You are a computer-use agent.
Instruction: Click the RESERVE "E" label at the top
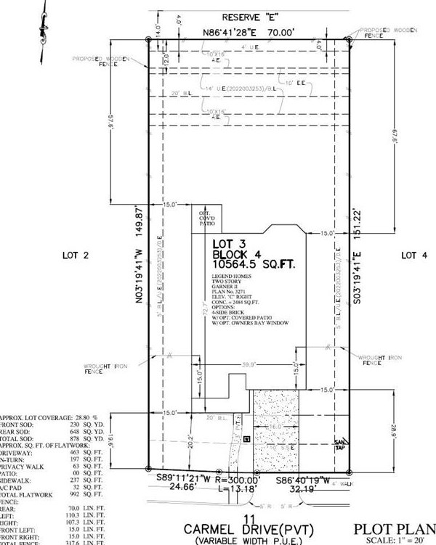point(246,16)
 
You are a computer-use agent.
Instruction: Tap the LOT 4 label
point(414,255)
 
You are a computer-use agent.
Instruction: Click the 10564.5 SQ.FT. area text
point(254,266)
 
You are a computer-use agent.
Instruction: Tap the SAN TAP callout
point(339,444)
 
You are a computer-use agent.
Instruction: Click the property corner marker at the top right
point(350,40)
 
